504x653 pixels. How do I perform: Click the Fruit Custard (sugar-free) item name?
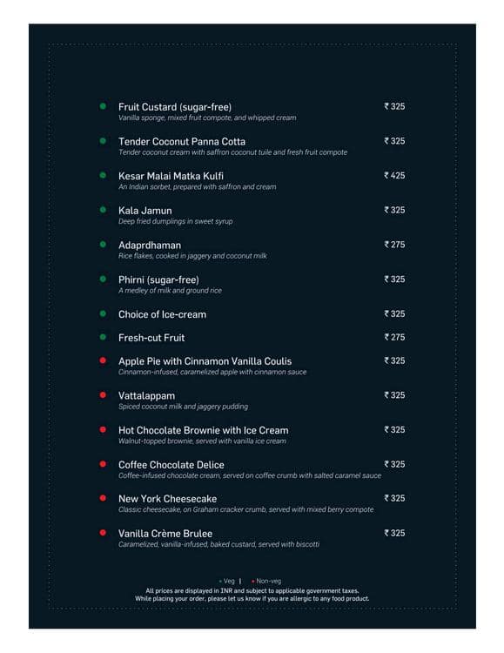[174, 107]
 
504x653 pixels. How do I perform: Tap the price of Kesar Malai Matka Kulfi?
[394, 176]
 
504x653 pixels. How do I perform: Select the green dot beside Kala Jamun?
[103, 210]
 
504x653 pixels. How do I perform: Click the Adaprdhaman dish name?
[150, 246]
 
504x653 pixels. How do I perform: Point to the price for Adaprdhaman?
[394, 245]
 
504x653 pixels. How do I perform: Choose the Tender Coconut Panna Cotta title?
[181, 142]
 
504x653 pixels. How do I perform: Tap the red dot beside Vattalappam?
[103, 394]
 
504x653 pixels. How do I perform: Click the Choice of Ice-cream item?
[162, 314]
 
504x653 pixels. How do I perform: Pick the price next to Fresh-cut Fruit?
[394, 337]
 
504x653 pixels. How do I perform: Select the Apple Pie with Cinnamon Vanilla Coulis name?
[205, 361]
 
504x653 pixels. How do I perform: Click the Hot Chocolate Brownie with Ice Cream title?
[203, 430]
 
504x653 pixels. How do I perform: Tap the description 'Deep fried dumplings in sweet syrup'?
[175, 222]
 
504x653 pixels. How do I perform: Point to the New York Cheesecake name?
[167, 499]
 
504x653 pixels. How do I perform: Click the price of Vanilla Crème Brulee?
[394, 533]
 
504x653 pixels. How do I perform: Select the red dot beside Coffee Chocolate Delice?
[103, 464]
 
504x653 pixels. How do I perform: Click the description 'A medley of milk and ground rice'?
[170, 291]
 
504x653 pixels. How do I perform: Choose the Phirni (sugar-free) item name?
[158, 279]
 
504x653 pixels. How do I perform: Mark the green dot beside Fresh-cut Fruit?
[103, 337]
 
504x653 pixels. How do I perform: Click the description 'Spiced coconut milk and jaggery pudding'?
[183, 407]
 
